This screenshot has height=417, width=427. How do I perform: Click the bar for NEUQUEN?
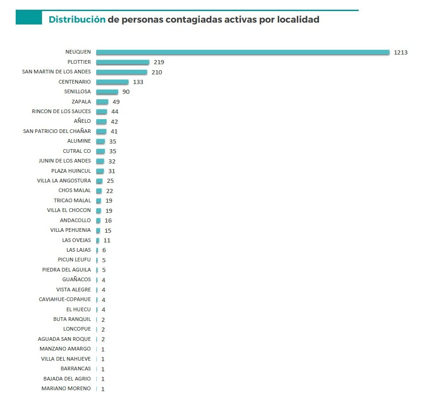(242, 52)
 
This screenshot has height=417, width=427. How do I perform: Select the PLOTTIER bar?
(122, 62)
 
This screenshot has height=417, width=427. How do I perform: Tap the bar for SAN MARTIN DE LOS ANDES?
(121, 72)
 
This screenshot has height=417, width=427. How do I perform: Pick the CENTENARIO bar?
(112, 82)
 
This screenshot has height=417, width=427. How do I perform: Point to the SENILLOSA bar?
(107, 92)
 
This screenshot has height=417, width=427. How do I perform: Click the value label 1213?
(400, 52)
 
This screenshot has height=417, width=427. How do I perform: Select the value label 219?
(159, 62)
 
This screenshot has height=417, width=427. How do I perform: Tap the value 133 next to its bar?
(138, 82)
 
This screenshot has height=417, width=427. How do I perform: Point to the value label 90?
(126, 92)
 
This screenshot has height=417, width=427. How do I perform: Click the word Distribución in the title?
(77, 19)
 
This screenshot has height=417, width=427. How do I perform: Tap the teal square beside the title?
(29, 18)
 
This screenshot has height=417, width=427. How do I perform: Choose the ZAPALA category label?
(81, 102)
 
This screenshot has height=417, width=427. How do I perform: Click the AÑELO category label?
(82, 121)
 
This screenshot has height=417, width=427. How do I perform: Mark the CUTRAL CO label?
(77, 151)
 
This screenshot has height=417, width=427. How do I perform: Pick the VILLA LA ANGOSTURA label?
(64, 181)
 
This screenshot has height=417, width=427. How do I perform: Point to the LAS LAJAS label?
(78, 250)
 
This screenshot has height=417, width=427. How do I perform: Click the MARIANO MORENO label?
(66, 388)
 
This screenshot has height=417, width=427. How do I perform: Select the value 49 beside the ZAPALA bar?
(116, 102)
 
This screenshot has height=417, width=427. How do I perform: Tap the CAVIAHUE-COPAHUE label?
(65, 299)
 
